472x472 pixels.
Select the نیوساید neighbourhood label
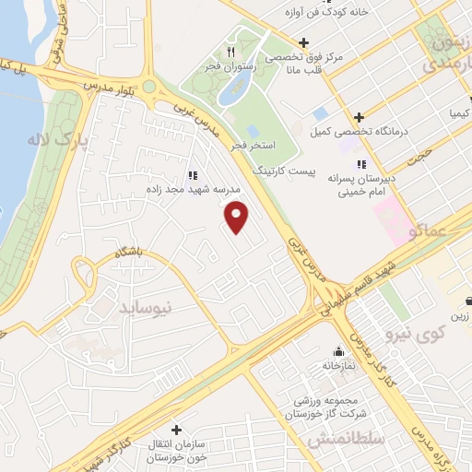coord(146,308)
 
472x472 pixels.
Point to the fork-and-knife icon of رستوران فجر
coord(231,53)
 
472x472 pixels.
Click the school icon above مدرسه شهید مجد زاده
coord(192,173)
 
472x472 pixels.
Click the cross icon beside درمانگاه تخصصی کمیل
coord(359,117)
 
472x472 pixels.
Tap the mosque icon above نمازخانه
coord(338,351)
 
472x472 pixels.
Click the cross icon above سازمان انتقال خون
coord(176,429)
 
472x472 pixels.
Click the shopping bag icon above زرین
coord(468,301)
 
